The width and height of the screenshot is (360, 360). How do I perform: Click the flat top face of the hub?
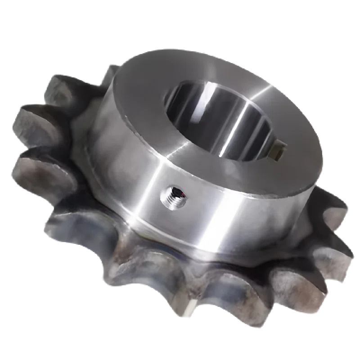(x=148, y=90)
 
